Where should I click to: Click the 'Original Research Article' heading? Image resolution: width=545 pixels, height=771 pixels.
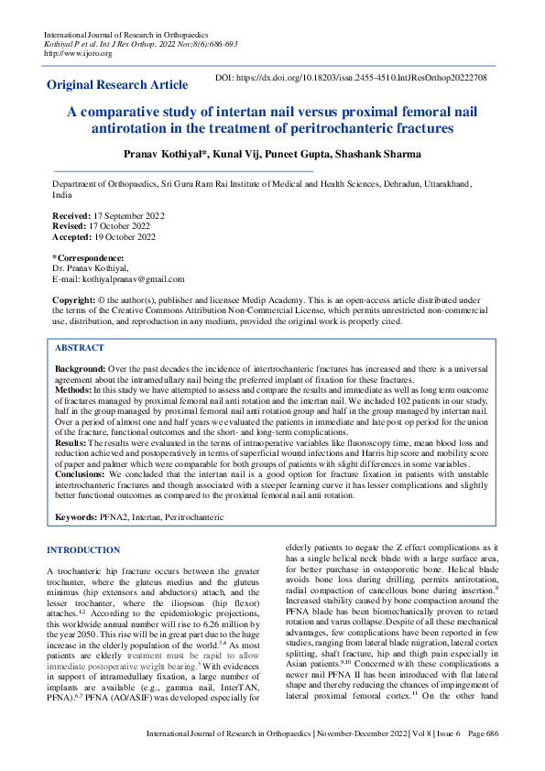click(x=117, y=85)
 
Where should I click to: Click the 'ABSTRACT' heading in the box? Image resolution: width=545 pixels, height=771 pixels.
click(x=79, y=348)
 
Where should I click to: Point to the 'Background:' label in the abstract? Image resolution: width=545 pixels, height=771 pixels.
click(x=80, y=367)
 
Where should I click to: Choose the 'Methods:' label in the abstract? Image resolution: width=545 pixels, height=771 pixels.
click(x=73, y=387)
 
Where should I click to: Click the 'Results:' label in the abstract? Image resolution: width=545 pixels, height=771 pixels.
click(x=71, y=441)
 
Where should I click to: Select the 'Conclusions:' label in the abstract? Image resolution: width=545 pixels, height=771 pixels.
click(x=80, y=472)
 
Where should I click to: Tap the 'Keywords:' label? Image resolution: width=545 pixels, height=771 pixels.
click(x=76, y=517)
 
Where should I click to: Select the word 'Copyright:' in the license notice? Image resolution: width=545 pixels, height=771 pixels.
click(x=73, y=299)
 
